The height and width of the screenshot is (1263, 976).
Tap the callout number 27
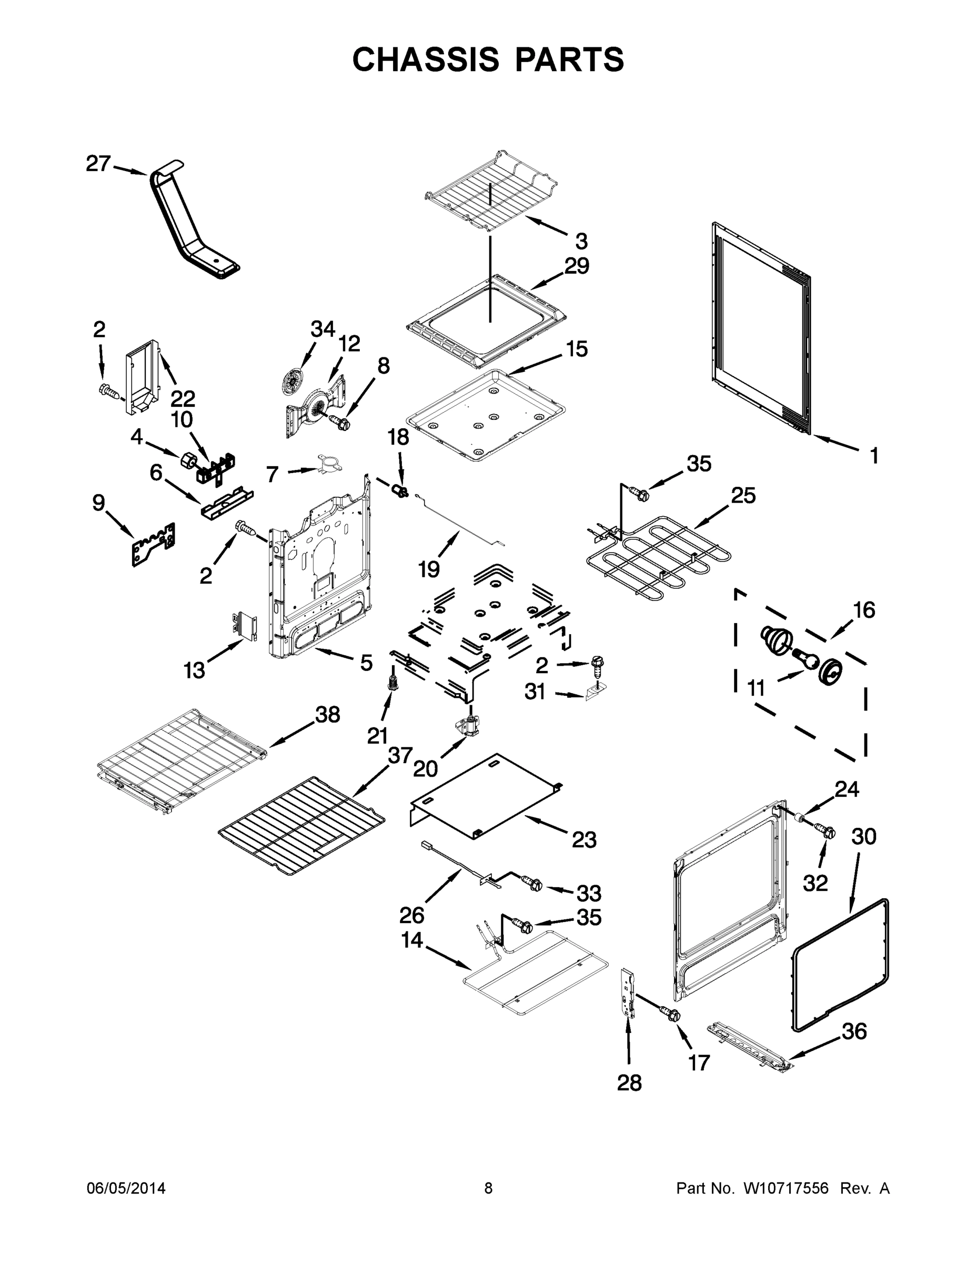click(x=98, y=164)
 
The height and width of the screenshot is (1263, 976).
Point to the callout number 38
click(x=327, y=715)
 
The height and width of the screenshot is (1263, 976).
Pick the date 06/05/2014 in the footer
click(x=126, y=1189)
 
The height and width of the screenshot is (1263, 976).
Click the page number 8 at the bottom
click(x=488, y=1189)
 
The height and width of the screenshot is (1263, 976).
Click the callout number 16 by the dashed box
click(x=864, y=610)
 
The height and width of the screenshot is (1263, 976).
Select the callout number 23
click(x=584, y=839)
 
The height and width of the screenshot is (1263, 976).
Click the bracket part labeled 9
click(x=153, y=544)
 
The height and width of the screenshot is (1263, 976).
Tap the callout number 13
click(x=194, y=671)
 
